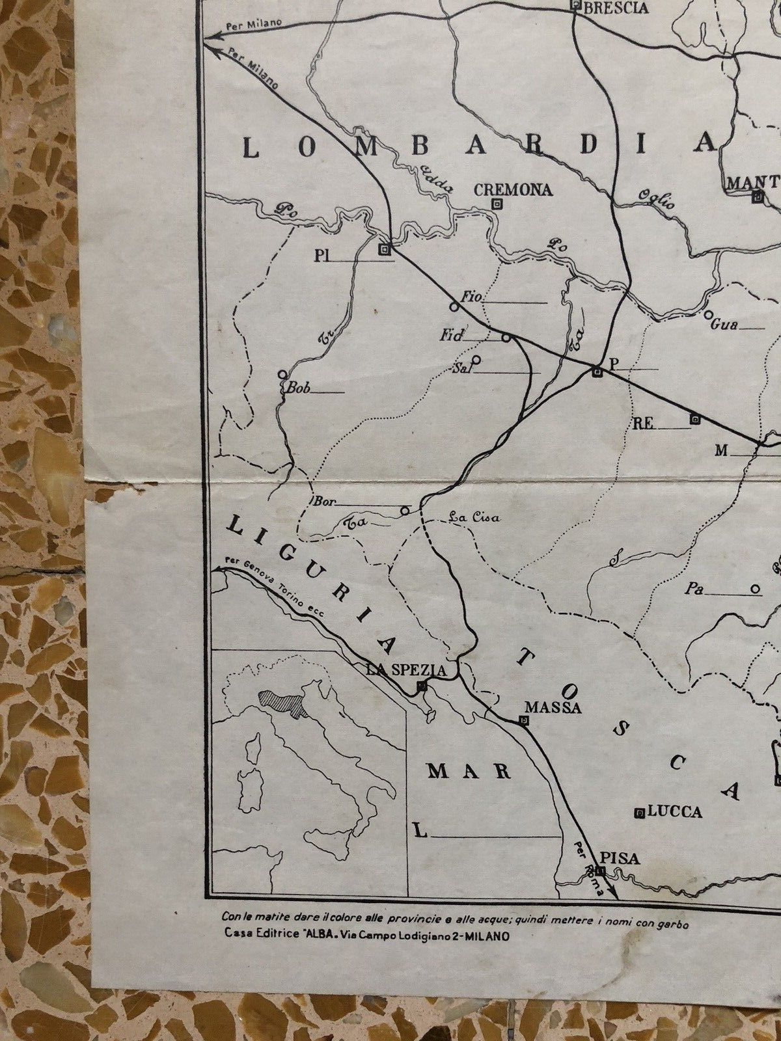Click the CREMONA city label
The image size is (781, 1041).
(x=513, y=189)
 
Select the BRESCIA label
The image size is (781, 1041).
(x=616, y=8)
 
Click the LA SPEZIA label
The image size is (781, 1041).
(x=406, y=670)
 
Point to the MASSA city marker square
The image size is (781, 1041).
(x=524, y=720)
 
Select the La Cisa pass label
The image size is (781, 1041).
(x=474, y=518)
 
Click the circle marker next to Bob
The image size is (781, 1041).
(x=282, y=375)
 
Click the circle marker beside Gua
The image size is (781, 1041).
(x=709, y=315)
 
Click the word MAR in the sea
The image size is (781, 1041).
(x=469, y=772)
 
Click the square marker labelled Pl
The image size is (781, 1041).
(x=386, y=249)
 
